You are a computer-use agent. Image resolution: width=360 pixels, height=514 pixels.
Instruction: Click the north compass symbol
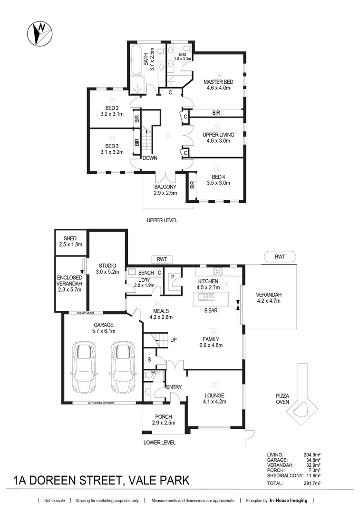(39, 33)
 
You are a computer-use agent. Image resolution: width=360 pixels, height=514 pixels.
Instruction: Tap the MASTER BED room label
(218, 85)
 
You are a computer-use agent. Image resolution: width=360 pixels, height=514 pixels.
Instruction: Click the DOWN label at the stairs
(150, 158)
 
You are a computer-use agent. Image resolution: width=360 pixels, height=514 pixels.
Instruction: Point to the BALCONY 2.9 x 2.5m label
(165, 190)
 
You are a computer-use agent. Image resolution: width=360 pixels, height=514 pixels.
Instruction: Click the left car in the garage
(85, 367)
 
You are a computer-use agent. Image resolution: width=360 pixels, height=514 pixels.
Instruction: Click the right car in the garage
(123, 367)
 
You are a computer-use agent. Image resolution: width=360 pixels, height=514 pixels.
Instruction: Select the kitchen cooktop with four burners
(218, 271)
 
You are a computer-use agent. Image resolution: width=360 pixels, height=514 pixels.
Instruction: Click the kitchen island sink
(206, 297)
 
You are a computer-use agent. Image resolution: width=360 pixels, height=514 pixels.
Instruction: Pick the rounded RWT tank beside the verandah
(280, 257)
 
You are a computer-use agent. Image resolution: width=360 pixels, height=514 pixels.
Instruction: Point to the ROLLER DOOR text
(86, 313)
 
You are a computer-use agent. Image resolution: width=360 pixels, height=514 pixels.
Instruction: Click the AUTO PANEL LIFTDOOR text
(101, 403)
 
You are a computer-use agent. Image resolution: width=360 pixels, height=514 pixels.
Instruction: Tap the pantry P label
(173, 277)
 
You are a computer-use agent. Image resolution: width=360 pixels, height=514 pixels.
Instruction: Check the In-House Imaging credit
(288, 501)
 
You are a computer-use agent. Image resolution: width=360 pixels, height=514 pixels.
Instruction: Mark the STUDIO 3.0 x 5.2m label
(107, 269)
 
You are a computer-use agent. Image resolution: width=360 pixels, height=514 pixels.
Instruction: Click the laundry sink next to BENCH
(132, 272)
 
